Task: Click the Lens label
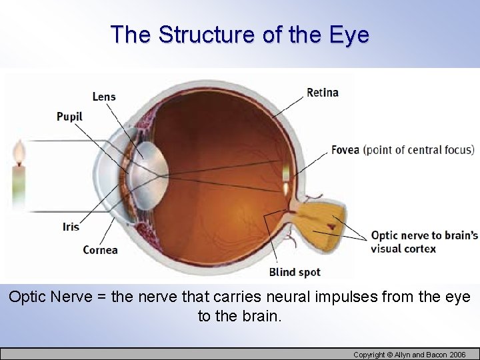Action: pos(103,97)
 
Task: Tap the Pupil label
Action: pos(69,117)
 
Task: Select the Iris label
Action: pos(71,227)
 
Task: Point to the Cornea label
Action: pos(100,250)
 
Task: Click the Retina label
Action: pos(323,93)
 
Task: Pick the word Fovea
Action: pos(346,150)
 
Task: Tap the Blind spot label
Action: pos(295,272)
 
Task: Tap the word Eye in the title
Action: pos(349,34)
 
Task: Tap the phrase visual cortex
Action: pos(403,249)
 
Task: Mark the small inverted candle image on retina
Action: pos(286,175)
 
